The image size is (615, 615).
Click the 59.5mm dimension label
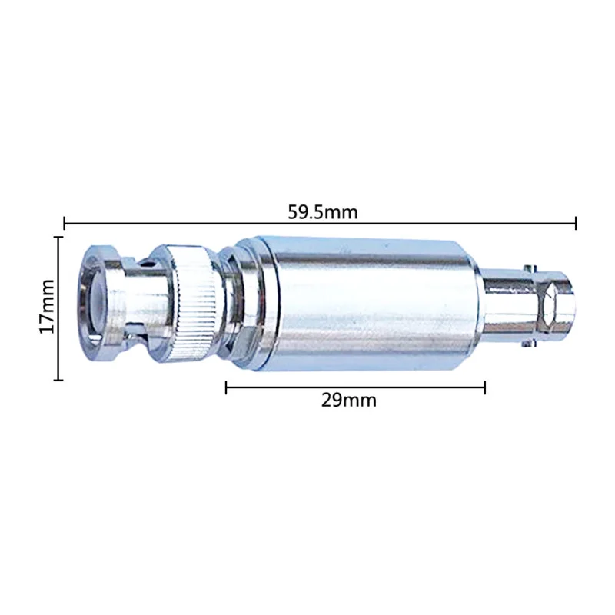323,212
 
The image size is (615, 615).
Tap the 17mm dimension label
47,306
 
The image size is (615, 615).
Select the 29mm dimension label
349,401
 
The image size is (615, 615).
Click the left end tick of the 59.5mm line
65,223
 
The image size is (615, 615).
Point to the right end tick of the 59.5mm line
576,223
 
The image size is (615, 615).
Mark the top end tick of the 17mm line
58,238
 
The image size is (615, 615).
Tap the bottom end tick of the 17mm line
58,380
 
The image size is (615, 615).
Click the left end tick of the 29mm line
226,387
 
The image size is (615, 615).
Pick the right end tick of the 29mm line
485,387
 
